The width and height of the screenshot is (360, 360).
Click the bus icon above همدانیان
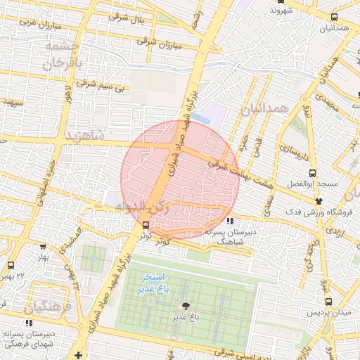[x=333, y=17]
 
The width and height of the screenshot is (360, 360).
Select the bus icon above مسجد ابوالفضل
[x=312, y=173]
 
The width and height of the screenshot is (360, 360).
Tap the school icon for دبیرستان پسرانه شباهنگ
[x=231, y=221]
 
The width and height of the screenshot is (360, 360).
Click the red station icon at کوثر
[x=145, y=225]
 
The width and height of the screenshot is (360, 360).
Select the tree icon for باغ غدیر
[x=186, y=306]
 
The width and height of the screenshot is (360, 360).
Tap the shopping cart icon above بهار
[x=44, y=247]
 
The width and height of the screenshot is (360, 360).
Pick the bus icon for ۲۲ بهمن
[x=10, y=266]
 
